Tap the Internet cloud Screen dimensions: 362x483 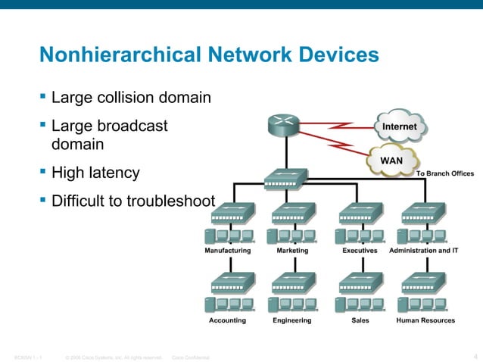(400, 126)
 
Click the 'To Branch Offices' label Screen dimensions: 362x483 (445, 173)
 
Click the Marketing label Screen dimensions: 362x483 (293, 249)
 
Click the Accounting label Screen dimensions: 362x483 (227, 320)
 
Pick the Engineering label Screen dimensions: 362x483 (292, 320)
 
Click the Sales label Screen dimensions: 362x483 (361, 320)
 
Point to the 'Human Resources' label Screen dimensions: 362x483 (425, 320)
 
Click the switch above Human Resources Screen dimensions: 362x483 (425, 283)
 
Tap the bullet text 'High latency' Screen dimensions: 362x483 (95, 173)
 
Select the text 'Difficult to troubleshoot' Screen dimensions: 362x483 (133, 202)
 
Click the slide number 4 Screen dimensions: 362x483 (474, 357)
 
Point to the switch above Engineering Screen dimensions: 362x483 (292, 283)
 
